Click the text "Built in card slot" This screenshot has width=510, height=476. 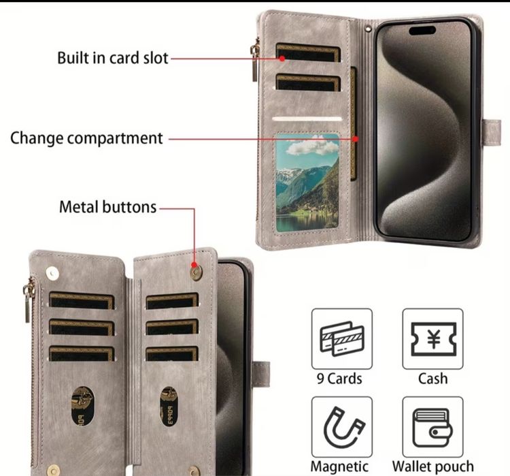click(x=112, y=59)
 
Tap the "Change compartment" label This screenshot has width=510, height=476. click(x=86, y=138)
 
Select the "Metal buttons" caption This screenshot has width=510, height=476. click(x=107, y=207)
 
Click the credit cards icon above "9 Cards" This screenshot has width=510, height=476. click(x=342, y=338)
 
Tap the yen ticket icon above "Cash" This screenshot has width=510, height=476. click(x=433, y=339)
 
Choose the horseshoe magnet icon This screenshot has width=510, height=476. click(x=343, y=427)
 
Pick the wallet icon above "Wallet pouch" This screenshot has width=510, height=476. click(x=432, y=428)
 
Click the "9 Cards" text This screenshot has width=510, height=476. click(x=339, y=379)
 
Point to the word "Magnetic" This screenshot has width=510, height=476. click(x=339, y=466)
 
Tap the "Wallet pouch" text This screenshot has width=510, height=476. click(x=433, y=466)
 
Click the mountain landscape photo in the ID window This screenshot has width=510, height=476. click(x=307, y=182)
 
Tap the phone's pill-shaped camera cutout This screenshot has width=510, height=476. click(x=422, y=31)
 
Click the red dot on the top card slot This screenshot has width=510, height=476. click(x=282, y=59)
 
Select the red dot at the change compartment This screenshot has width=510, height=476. click(x=356, y=139)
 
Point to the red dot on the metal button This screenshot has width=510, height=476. click(x=194, y=264)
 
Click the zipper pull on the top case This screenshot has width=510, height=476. click(x=255, y=62)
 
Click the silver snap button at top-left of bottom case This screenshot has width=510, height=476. click(x=52, y=273)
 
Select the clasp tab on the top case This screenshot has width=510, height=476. click(x=492, y=132)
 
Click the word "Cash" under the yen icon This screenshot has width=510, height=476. click(x=433, y=379)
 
